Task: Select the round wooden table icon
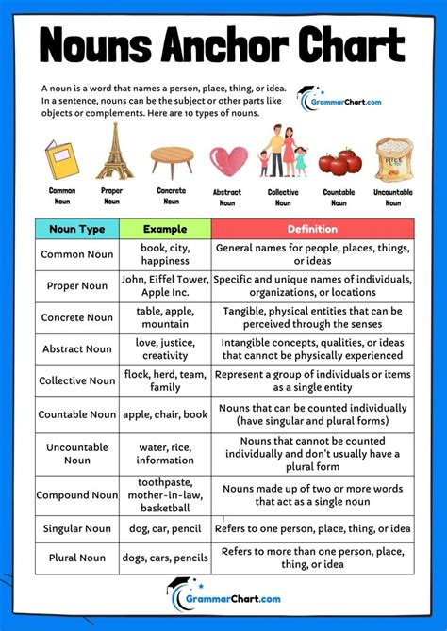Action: pyautogui.click(x=171, y=159)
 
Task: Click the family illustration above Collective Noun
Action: pyautogui.click(x=283, y=153)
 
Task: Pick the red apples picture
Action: pyautogui.click(x=338, y=162)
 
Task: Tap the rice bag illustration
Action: pyautogui.click(x=393, y=159)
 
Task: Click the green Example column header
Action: pyautogui.click(x=165, y=229)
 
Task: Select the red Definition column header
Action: pyautogui.click(x=312, y=229)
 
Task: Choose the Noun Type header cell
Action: pyautogui.click(x=77, y=229)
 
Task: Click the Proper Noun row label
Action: pyautogui.click(x=77, y=286)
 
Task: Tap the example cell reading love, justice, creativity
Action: pyautogui.click(x=165, y=349)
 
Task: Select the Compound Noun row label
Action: pyautogui.click(x=77, y=495)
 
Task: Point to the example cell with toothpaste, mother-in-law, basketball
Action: pyautogui.click(x=165, y=495)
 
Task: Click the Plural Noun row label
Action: pyautogui.click(x=77, y=558)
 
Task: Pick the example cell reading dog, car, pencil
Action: pyautogui.click(x=165, y=528)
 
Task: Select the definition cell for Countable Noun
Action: pyautogui.click(x=312, y=414)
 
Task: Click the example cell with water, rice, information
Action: pyautogui.click(x=165, y=454)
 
